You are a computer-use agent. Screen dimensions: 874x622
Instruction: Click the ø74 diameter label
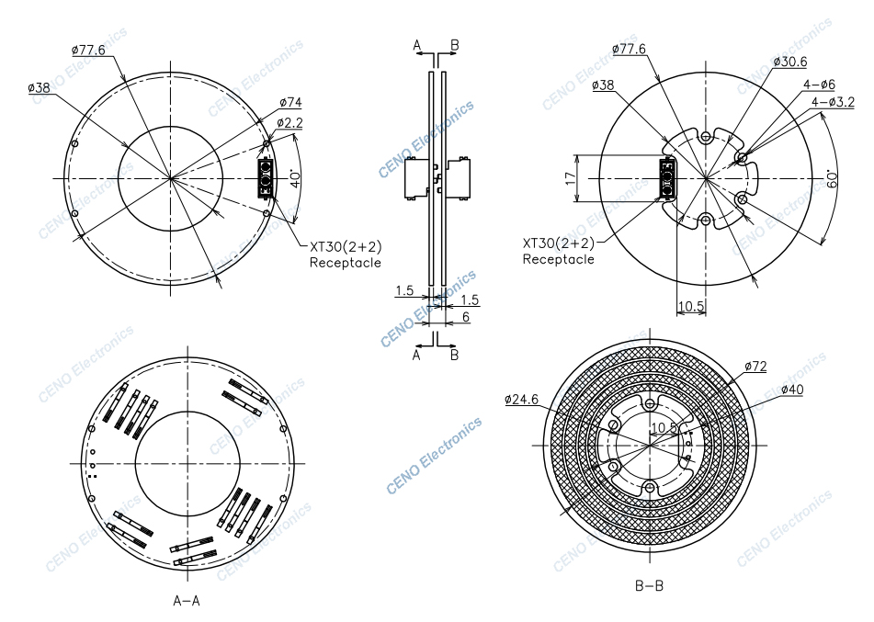click(290, 102)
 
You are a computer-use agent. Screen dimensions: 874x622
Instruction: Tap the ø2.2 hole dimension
click(289, 122)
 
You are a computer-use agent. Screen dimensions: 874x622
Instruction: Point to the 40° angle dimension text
click(295, 178)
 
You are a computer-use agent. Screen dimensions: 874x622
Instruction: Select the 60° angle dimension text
click(832, 178)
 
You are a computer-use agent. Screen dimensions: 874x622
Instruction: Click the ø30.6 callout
click(789, 62)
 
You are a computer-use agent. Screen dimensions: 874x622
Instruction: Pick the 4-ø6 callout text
click(819, 85)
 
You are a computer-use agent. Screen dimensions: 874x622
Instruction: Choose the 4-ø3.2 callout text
click(833, 102)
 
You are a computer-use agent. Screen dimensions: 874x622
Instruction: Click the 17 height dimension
click(570, 178)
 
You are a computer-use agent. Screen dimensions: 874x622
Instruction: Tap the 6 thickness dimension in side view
click(466, 317)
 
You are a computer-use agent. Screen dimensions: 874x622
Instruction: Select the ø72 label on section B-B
click(755, 367)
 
